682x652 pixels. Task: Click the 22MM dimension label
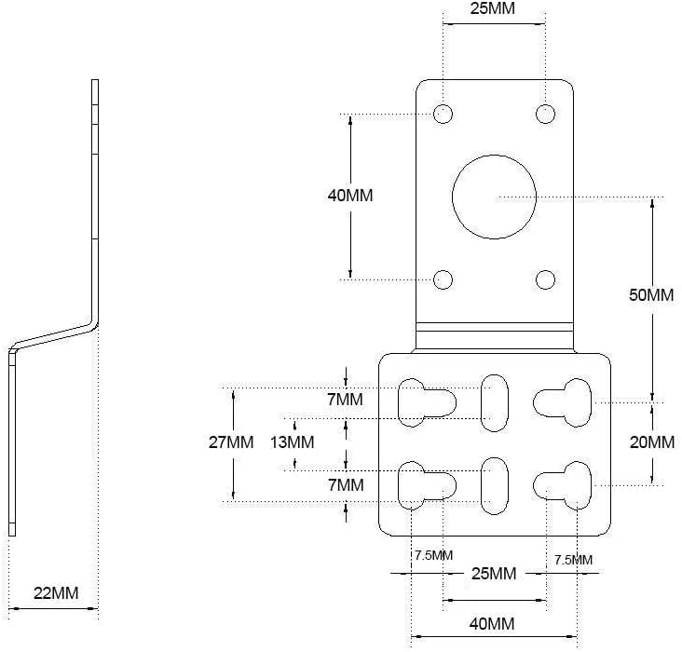[56, 592]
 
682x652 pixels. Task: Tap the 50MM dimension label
[651, 295]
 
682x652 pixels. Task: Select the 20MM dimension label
[652, 442]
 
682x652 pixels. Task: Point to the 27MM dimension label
[231, 441]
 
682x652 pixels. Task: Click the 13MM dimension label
[292, 442]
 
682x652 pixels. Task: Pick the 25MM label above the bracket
[492, 8]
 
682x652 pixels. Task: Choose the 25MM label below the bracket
[494, 573]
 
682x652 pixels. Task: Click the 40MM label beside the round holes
[350, 196]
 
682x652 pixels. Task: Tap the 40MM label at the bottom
[492, 624]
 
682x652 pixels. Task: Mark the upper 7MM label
[346, 400]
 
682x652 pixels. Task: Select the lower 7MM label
[347, 485]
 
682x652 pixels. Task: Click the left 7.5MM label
[433, 555]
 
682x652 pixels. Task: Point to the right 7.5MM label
[573, 560]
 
